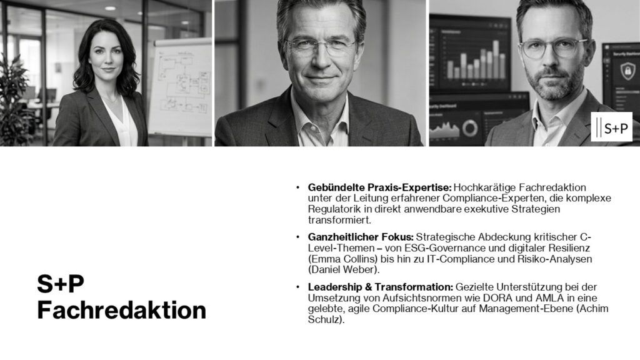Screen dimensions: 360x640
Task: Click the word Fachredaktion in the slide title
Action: point(121,310)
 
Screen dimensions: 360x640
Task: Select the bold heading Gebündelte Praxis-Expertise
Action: point(379,187)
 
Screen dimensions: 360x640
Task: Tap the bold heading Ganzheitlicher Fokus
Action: point(361,237)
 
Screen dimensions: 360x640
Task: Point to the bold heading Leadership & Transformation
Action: point(381,286)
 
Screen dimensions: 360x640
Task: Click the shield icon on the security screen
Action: point(622,74)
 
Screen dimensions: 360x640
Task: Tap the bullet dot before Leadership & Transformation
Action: point(298,287)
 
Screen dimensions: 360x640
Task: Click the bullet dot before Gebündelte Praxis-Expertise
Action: point(298,187)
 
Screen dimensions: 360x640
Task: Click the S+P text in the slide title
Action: point(60,284)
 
